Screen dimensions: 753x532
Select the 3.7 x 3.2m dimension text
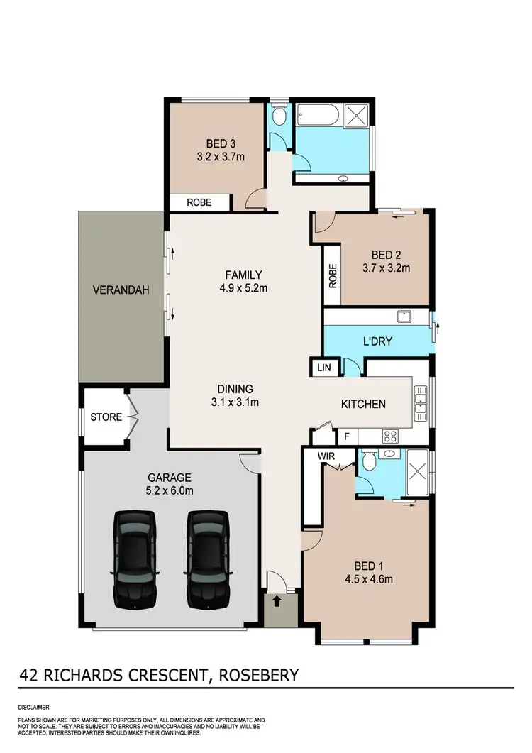pos(386,268)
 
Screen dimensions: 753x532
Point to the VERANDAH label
pos(121,290)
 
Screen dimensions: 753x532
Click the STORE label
pos(106,417)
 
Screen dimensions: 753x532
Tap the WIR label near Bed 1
pos(326,456)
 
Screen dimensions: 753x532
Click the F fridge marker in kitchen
pos(348,436)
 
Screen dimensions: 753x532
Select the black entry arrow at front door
pos(276,603)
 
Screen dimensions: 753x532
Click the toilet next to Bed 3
pos(279,116)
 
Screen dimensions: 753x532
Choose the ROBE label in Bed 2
pos(332,275)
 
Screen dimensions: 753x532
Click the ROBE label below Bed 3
pos(199,202)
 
